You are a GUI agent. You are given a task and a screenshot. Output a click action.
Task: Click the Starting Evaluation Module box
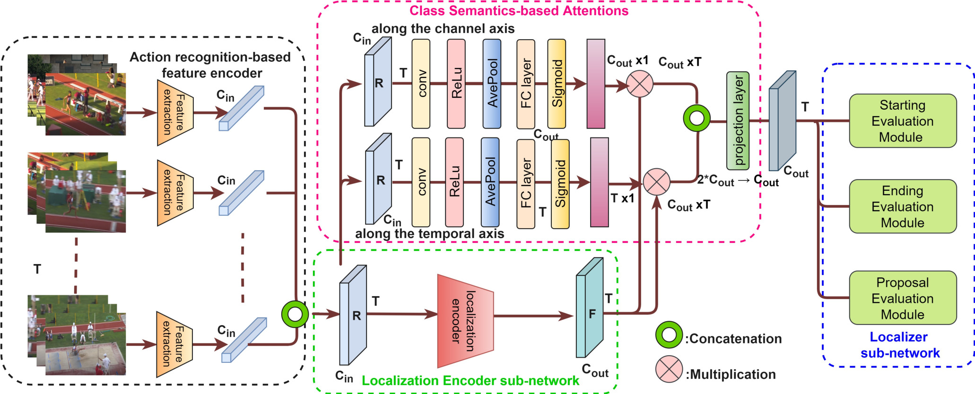[x=903, y=121]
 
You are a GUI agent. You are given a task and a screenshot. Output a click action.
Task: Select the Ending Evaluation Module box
[x=903, y=206]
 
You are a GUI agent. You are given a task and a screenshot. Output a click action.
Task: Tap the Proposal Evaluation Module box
[x=903, y=298]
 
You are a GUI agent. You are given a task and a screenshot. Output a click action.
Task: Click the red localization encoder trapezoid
[x=465, y=321]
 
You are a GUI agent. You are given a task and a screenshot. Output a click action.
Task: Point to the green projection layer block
[x=738, y=121]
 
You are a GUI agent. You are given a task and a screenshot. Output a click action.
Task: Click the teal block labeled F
[x=590, y=308]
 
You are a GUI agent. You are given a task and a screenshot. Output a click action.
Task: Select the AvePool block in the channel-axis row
[x=492, y=84]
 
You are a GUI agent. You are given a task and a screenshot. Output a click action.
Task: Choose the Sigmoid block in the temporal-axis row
[x=560, y=184]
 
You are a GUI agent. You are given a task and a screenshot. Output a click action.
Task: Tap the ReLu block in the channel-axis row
[x=456, y=84]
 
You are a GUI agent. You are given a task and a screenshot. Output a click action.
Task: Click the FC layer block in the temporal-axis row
[x=526, y=183]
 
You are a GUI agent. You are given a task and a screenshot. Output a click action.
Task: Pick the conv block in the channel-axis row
[x=421, y=84]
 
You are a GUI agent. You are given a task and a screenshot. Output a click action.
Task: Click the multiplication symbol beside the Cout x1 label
[x=639, y=84]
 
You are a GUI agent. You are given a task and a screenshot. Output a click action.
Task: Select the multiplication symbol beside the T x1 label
[x=656, y=182]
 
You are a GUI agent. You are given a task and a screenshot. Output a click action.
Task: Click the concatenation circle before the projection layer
[x=696, y=118]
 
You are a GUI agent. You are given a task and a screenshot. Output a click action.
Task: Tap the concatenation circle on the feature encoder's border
[x=295, y=314]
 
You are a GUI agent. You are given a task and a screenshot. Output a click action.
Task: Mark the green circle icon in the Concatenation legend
[x=669, y=335]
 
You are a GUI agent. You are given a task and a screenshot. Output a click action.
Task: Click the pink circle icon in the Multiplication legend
[x=669, y=369]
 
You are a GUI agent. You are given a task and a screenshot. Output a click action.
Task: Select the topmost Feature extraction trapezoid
[x=175, y=112]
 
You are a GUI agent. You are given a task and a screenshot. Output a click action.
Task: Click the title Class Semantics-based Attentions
[x=519, y=10]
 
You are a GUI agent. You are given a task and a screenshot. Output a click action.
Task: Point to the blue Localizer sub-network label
[x=899, y=345]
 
